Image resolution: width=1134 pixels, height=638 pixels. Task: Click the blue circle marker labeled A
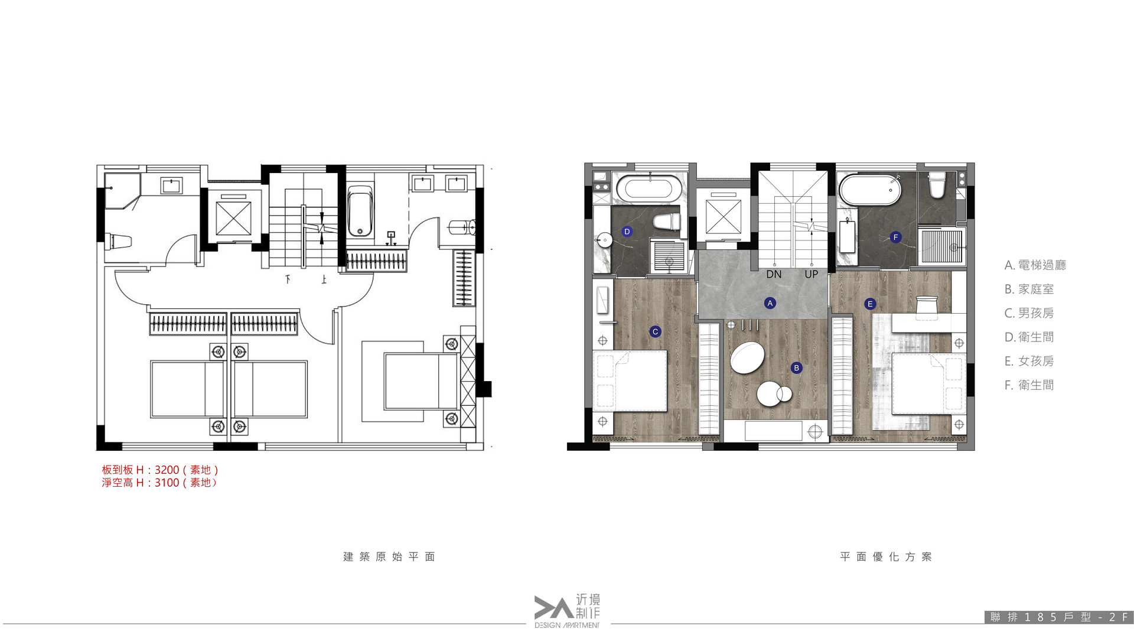click(770, 303)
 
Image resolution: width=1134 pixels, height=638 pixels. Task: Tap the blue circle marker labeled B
click(796, 368)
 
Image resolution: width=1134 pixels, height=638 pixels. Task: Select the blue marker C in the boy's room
click(655, 332)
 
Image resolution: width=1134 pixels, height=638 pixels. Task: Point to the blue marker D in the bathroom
click(627, 232)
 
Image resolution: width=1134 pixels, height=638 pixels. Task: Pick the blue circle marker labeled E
click(869, 304)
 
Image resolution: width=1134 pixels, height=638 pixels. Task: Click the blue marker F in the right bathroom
click(895, 237)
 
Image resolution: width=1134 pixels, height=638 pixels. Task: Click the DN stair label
click(774, 274)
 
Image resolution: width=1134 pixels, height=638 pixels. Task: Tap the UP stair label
click(811, 274)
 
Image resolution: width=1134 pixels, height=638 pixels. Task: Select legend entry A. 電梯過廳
click(1035, 265)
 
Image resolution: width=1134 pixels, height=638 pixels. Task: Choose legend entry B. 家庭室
click(1029, 289)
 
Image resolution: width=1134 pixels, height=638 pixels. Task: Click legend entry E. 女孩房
click(1029, 361)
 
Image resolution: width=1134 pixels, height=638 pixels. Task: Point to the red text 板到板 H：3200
click(141, 470)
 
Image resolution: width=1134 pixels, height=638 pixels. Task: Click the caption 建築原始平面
click(389, 556)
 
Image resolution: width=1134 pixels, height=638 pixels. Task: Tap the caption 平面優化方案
click(886, 556)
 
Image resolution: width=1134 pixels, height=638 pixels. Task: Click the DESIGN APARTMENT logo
click(567, 611)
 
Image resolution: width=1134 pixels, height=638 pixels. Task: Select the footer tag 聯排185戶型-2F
click(1060, 617)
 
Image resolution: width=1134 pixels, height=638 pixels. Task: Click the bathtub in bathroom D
click(648, 188)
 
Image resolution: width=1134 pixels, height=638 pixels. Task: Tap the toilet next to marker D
click(667, 222)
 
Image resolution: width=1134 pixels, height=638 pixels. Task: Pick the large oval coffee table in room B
click(746, 357)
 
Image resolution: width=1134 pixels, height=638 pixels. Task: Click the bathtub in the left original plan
click(360, 211)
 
